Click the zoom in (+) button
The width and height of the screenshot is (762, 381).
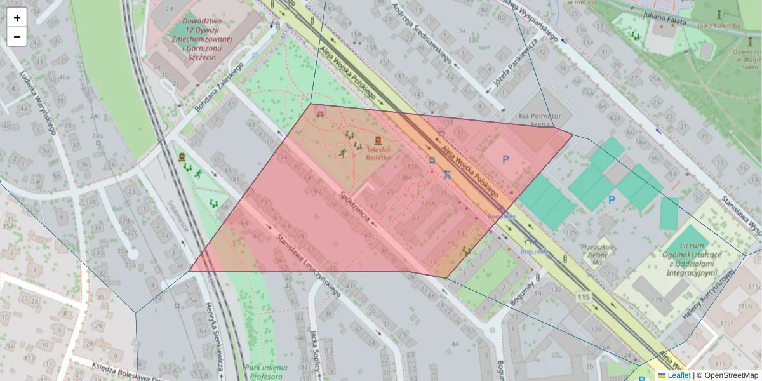coord(17,18)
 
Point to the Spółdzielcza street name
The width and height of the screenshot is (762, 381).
coord(355,206)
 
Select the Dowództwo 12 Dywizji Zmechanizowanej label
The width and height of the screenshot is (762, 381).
coord(207,38)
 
